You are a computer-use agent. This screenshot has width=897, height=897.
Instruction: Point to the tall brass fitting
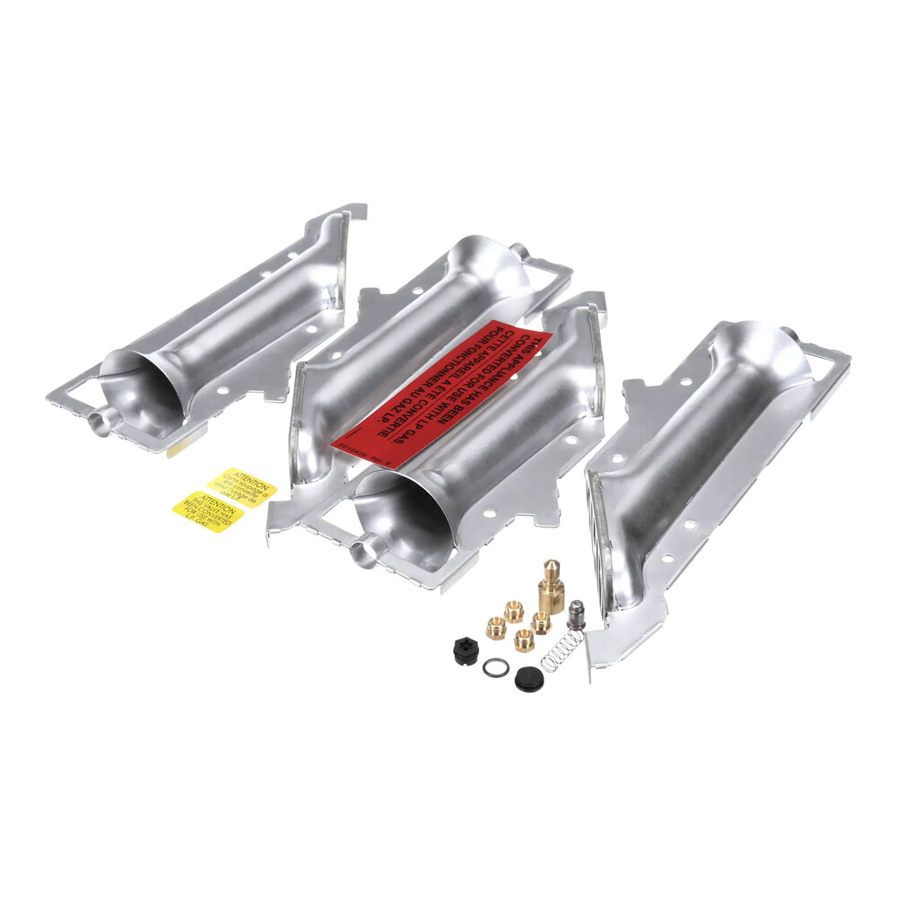click(x=551, y=587)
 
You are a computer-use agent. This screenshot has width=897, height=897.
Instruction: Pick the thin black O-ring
click(x=495, y=667)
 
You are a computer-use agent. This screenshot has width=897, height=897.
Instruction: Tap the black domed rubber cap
click(x=529, y=679)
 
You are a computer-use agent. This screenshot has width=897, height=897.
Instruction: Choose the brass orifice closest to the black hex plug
click(x=496, y=628)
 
